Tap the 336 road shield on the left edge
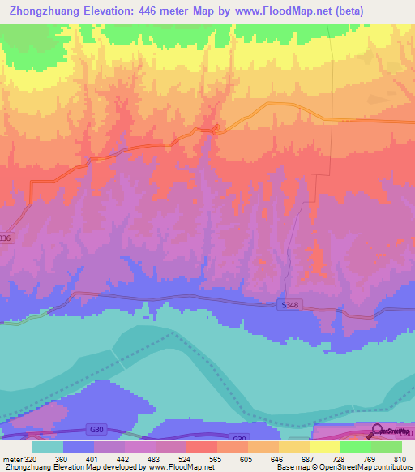coord(6,238)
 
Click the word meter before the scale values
coord(11,458)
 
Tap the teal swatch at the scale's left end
coord(47,447)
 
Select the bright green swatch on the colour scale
coord(355,447)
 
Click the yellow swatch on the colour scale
coord(324,447)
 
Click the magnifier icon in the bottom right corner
coord(377,431)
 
